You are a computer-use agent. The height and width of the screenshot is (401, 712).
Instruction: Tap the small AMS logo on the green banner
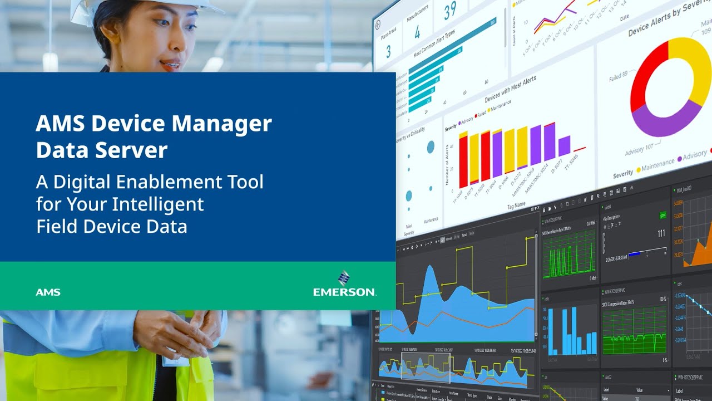[48, 292]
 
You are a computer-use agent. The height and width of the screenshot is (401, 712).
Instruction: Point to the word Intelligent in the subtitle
[158, 204]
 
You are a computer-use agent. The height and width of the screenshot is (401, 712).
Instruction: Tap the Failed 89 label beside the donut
[618, 76]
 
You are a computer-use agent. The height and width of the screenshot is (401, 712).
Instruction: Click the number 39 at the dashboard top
[449, 10]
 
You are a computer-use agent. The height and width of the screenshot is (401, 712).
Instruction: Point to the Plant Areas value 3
[388, 52]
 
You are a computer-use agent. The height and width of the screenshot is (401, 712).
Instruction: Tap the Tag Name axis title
[516, 204]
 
